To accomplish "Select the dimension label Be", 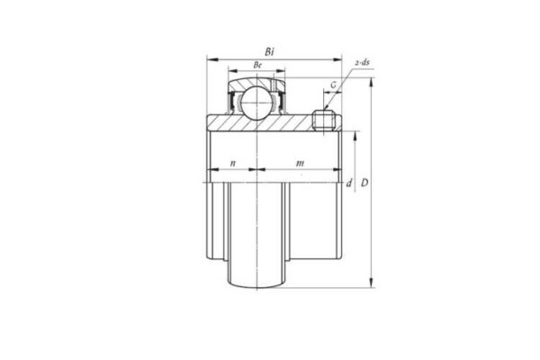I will [257, 67].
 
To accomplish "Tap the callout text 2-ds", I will [363, 62].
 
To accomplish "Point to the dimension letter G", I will [333, 85].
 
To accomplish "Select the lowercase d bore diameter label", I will [348, 184].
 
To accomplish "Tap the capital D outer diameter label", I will [364, 184].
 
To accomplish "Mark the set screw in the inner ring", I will [323, 120].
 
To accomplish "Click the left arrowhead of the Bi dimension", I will [211, 59].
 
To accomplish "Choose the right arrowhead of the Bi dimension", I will [339, 59].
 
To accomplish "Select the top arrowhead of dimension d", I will [355, 135].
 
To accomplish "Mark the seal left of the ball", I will [235, 99].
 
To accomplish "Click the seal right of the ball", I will [282, 99].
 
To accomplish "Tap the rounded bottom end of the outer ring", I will [257, 285].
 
